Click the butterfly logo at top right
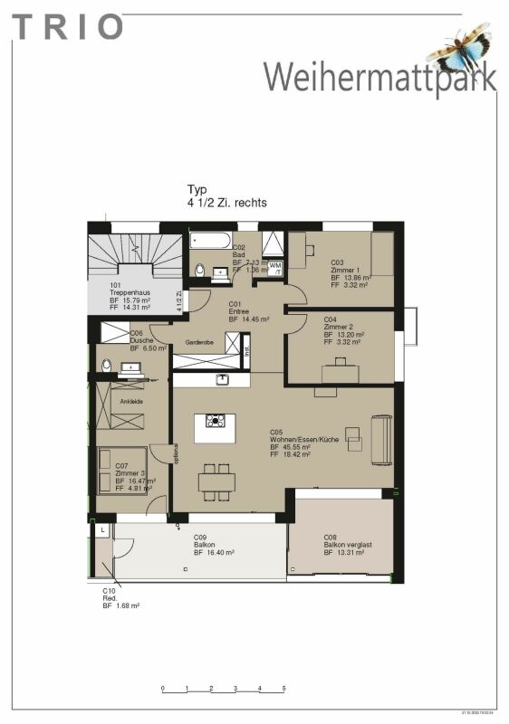click(460, 47)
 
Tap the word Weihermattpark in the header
click(380, 76)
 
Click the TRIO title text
click(67, 27)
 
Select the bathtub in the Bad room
click(210, 242)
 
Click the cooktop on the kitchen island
click(216, 421)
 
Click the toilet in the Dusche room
click(106, 367)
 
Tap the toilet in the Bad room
click(199, 269)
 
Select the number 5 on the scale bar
click(283, 689)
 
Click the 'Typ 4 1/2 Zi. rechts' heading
click(226, 196)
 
